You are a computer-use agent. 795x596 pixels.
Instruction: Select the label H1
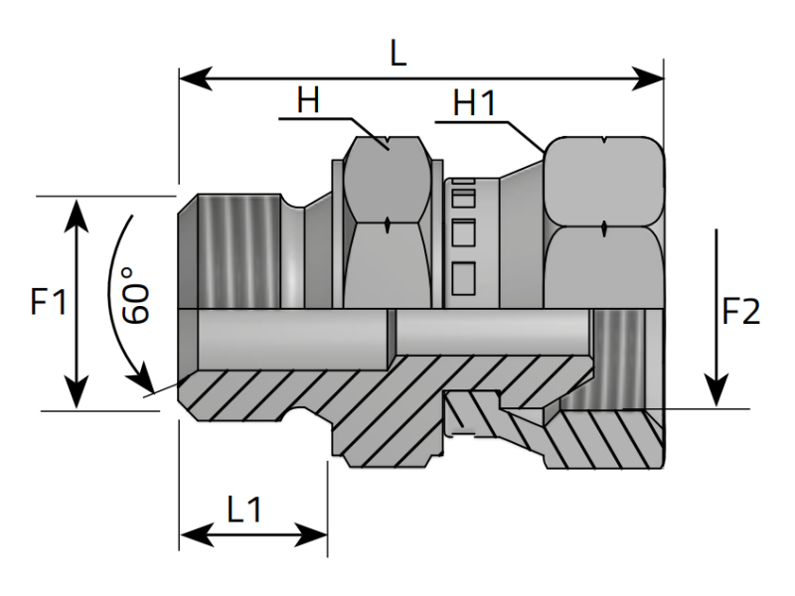tap(476, 103)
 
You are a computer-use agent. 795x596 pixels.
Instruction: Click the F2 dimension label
tap(740, 312)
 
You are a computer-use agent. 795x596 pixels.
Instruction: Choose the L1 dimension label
tap(244, 511)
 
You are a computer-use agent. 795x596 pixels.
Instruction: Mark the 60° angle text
tap(137, 294)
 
